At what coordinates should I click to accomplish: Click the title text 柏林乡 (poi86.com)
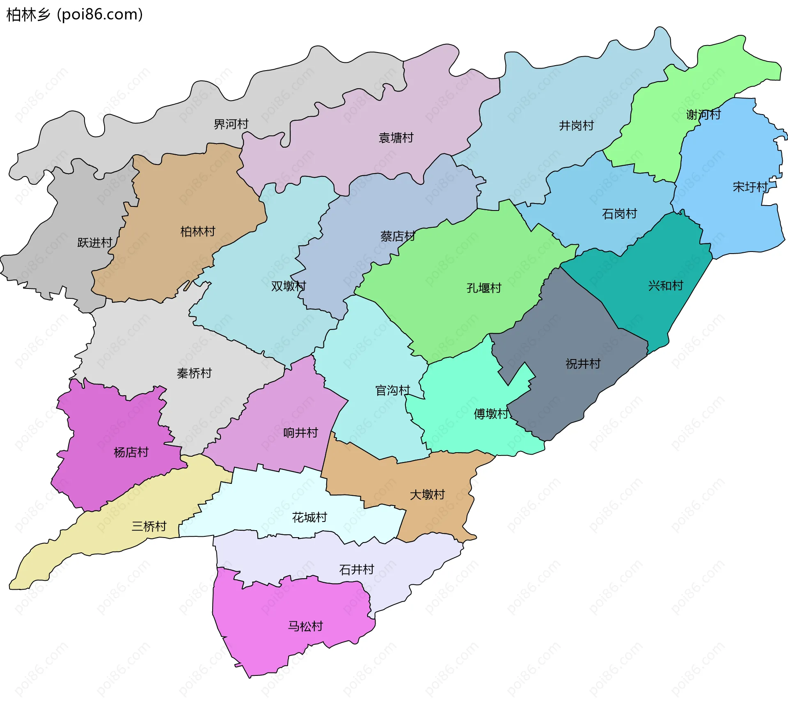(x=75, y=14)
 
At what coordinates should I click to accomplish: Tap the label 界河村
(x=231, y=124)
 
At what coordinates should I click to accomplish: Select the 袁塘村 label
(x=396, y=137)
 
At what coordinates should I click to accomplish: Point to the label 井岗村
(x=577, y=126)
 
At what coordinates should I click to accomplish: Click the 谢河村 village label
(x=703, y=114)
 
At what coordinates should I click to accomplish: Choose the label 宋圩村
(x=750, y=187)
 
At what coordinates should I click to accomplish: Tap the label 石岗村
(x=619, y=214)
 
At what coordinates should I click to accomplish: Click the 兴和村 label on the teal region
(x=666, y=286)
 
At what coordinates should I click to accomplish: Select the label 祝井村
(x=583, y=364)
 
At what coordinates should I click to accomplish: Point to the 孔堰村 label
(x=484, y=288)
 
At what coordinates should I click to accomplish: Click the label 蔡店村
(x=398, y=236)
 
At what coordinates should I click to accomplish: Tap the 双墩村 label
(x=289, y=286)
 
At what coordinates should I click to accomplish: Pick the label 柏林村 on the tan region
(x=198, y=231)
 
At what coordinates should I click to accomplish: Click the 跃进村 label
(x=95, y=243)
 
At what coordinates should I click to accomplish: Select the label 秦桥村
(x=194, y=373)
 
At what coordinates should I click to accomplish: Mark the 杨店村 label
(x=131, y=452)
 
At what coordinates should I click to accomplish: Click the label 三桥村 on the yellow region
(x=149, y=526)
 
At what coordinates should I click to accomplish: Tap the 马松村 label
(x=305, y=626)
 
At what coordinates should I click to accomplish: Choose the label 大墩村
(x=427, y=494)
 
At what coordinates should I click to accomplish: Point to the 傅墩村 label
(x=491, y=414)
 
